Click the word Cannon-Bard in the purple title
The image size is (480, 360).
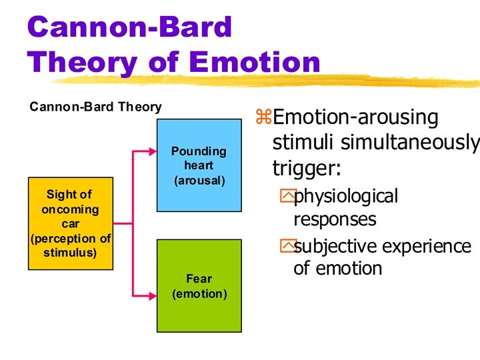pyautogui.click(x=131, y=28)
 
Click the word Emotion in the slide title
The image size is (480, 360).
pyautogui.click(x=255, y=63)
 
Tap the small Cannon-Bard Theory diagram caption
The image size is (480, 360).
pyautogui.click(x=95, y=107)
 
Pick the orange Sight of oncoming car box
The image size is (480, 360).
pyautogui.click(x=69, y=223)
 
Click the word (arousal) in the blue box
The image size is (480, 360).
pyautogui.click(x=199, y=181)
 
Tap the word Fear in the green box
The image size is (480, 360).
pyautogui.click(x=199, y=279)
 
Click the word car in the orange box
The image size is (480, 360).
pyautogui.click(x=70, y=224)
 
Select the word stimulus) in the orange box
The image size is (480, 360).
pyautogui.click(x=70, y=253)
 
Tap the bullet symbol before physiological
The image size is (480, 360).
pyautogui.click(x=287, y=197)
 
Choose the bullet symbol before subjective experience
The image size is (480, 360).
pyautogui.click(x=287, y=247)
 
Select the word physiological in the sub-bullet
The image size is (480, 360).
pyautogui.click(x=346, y=197)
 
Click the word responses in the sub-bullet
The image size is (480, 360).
pyautogui.click(x=335, y=219)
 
